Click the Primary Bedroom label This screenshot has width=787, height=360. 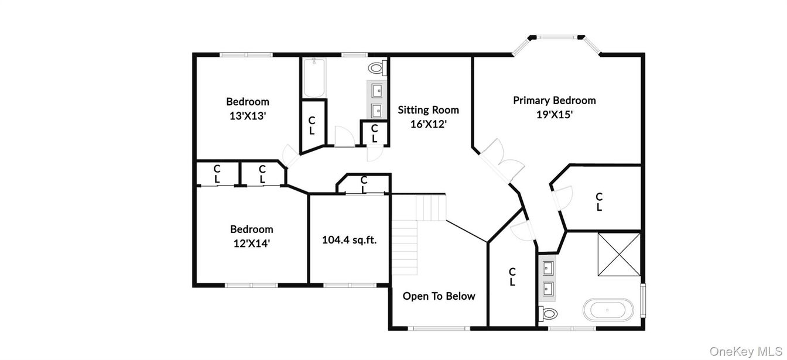(x=554, y=100)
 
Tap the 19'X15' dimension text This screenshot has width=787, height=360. (x=554, y=115)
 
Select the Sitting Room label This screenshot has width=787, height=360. (x=428, y=109)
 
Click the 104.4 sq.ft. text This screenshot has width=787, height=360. (x=349, y=239)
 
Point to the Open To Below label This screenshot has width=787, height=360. (x=439, y=296)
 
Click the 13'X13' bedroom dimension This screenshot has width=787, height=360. (x=248, y=116)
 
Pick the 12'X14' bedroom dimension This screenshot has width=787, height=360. (x=251, y=244)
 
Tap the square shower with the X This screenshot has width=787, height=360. (x=619, y=253)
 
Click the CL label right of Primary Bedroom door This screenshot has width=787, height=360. (x=599, y=202)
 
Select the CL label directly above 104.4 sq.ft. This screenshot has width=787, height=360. (x=364, y=184)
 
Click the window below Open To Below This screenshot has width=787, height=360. (x=438, y=328)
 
